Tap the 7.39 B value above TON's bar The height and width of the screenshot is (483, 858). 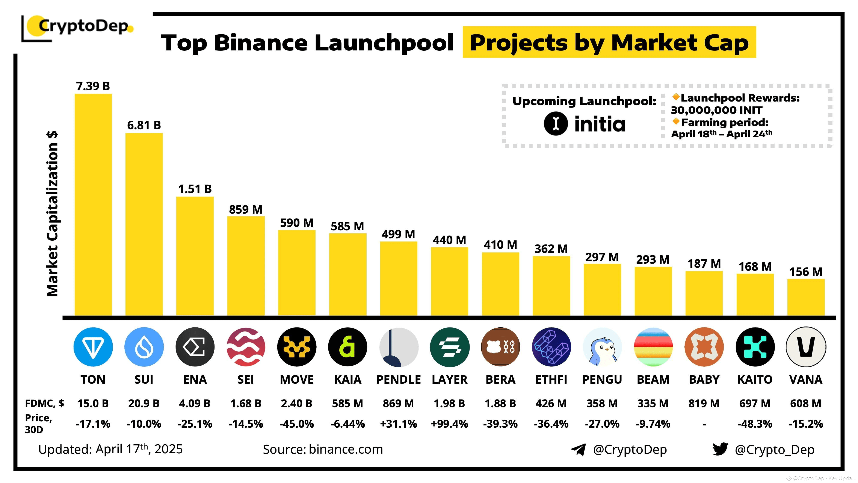[x=93, y=86]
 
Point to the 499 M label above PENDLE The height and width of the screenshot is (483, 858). [x=398, y=234]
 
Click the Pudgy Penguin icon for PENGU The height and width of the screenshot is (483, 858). [x=602, y=347]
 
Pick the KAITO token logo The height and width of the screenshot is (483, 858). [x=755, y=347]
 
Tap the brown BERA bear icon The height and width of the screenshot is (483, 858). [x=500, y=347]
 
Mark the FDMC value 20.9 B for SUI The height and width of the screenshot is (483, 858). [x=144, y=404]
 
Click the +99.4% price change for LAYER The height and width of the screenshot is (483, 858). [x=449, y=424]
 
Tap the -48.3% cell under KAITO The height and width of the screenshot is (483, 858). [x=755, y=424]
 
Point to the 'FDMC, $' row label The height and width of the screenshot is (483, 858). [x=45, y=404]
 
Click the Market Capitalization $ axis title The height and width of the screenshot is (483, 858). [x=53, y=214]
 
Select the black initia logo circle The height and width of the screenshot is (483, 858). [x=556, y=123]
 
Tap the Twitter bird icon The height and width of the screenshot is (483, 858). [x=720, y=449]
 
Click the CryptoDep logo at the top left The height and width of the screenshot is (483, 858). [x=79, y=27]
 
